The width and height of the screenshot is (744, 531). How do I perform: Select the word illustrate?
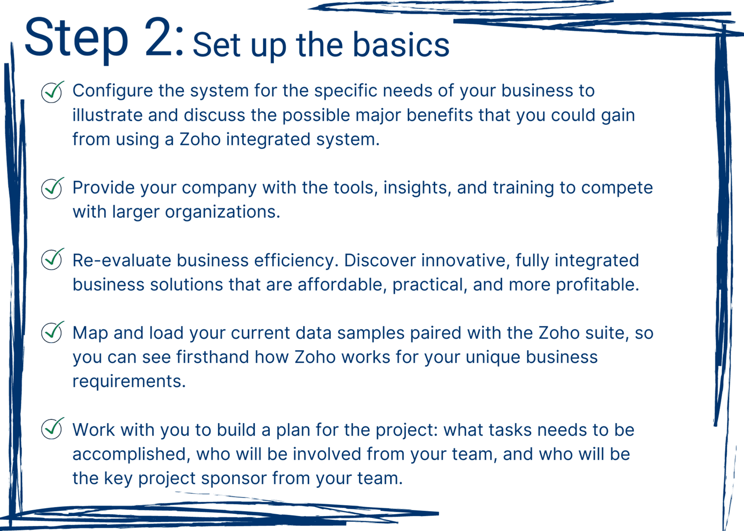pos(107,115)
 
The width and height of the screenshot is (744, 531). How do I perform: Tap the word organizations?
pos(223,212)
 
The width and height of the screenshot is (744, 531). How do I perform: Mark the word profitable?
pos(598,285)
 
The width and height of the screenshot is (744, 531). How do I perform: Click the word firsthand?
pos(212,357)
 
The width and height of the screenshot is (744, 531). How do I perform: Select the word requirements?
pos(129,382)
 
